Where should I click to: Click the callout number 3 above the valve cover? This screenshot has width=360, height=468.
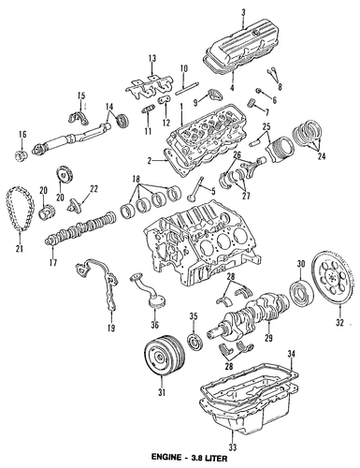pos(243,12)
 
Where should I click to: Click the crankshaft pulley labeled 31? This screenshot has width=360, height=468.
pos(165,354)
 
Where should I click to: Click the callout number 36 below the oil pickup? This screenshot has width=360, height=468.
pos(154,325)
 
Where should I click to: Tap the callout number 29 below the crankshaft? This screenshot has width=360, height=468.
pos(268,337)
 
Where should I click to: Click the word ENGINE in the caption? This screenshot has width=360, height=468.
pos(166,458)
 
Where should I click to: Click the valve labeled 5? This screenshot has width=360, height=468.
pos(194,189)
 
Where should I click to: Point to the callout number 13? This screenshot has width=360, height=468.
pos(152,58)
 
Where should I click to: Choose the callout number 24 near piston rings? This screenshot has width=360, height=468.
pos(321,156)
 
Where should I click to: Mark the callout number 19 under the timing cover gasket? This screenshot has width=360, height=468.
pos(111,328)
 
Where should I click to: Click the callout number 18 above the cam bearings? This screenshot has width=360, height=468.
pos(136,179)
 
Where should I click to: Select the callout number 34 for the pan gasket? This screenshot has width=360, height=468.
pos(291,354)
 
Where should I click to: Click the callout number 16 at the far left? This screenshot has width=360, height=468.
pos(22,134)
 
